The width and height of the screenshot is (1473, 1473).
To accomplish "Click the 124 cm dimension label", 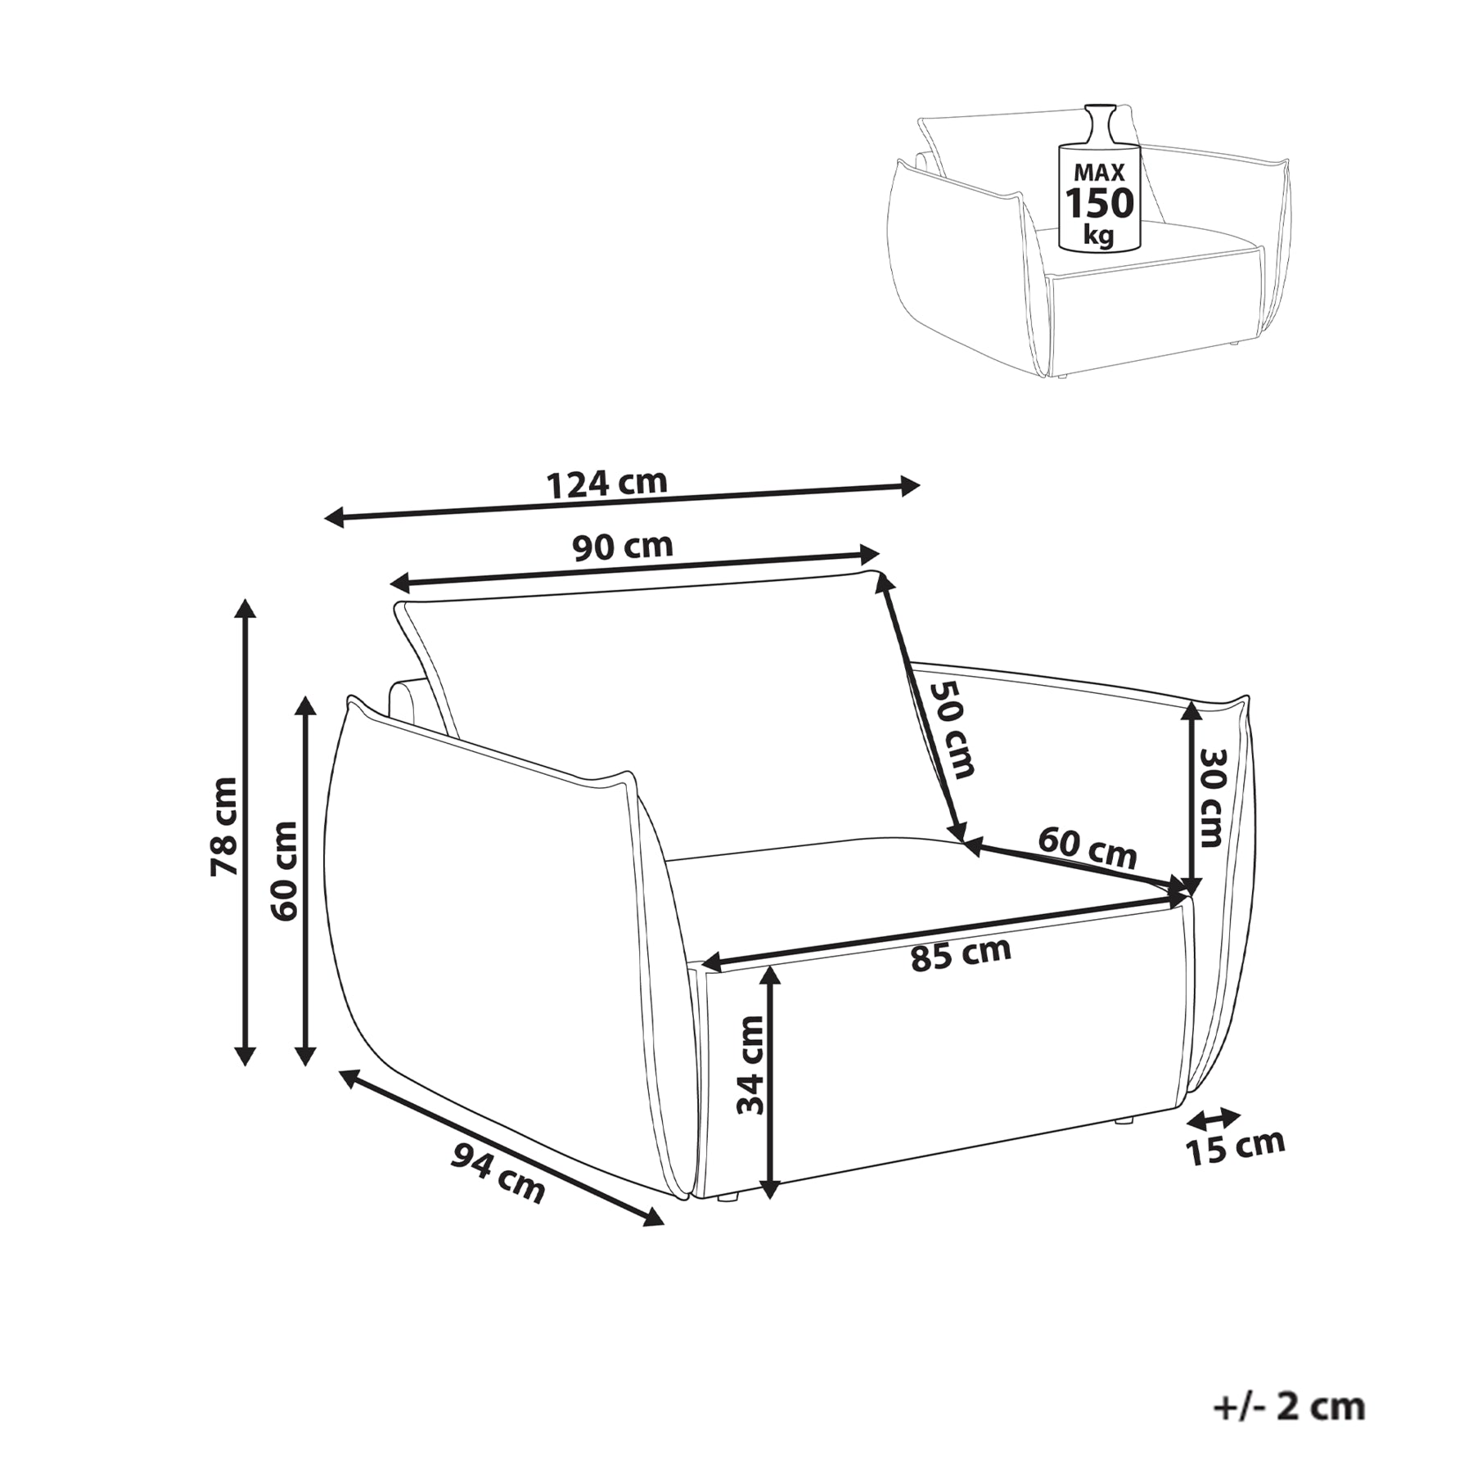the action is tap(606, 484).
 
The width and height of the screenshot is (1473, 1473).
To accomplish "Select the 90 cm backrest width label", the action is tap(623, 547).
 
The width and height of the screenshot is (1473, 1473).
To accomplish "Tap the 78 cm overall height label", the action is tap(223, 827).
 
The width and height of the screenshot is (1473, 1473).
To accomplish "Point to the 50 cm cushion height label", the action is tap(953, 729).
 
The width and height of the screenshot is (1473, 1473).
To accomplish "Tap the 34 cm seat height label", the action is tap(750, 1065).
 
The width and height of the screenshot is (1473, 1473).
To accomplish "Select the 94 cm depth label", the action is tap(498, 1174).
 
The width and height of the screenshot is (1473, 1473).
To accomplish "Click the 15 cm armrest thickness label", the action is tap(1235, 1146).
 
